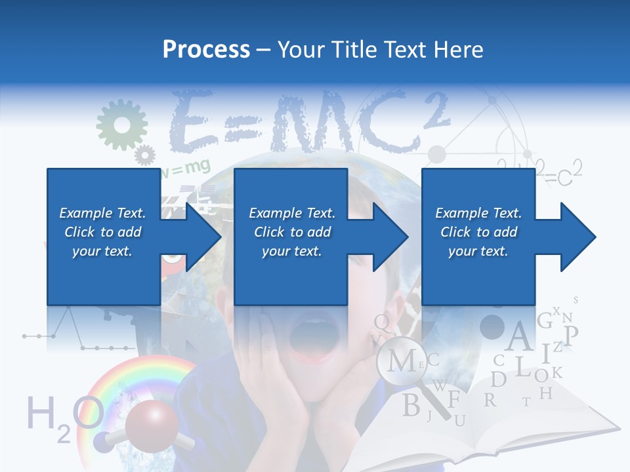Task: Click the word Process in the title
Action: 206,50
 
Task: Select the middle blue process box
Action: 291,236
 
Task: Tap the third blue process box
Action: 478,236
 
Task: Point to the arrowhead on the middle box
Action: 390,237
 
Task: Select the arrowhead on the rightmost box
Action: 577,237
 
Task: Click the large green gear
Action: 121,125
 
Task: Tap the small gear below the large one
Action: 144,155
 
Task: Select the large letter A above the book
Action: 519,337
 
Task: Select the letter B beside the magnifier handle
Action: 411,405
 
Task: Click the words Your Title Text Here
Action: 381,50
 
